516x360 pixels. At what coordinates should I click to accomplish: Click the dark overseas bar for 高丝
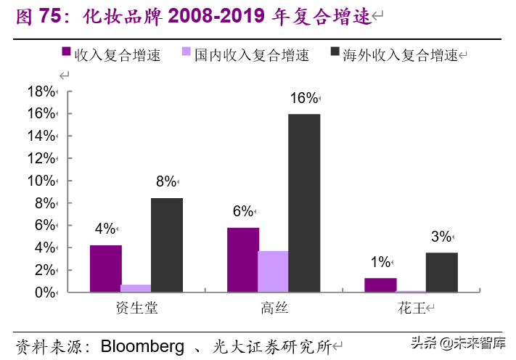[304, 203]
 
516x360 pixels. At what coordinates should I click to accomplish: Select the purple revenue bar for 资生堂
[106, 269]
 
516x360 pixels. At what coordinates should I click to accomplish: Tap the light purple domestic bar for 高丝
[273, 271]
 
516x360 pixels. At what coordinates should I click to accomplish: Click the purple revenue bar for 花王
[380, 285]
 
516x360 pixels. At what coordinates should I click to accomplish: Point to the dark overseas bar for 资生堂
[167, 245]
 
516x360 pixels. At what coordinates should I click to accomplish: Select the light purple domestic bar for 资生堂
[136, 288]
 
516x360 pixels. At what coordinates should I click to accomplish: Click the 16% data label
[303, 98]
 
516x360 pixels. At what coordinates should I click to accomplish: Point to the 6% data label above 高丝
[242, 211]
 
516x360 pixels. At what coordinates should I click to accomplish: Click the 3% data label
[441, 237]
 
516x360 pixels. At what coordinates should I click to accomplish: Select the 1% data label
[380, 262]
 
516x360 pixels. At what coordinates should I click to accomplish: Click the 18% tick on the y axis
[41, 91]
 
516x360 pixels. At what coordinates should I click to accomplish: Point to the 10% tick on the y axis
[41, 181]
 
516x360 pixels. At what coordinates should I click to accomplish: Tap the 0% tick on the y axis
[44, 292]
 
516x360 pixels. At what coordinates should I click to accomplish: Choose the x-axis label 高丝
[274, 308]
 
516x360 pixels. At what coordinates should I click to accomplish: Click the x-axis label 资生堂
[136, 308]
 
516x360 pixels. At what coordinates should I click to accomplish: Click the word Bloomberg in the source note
[142, 346]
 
